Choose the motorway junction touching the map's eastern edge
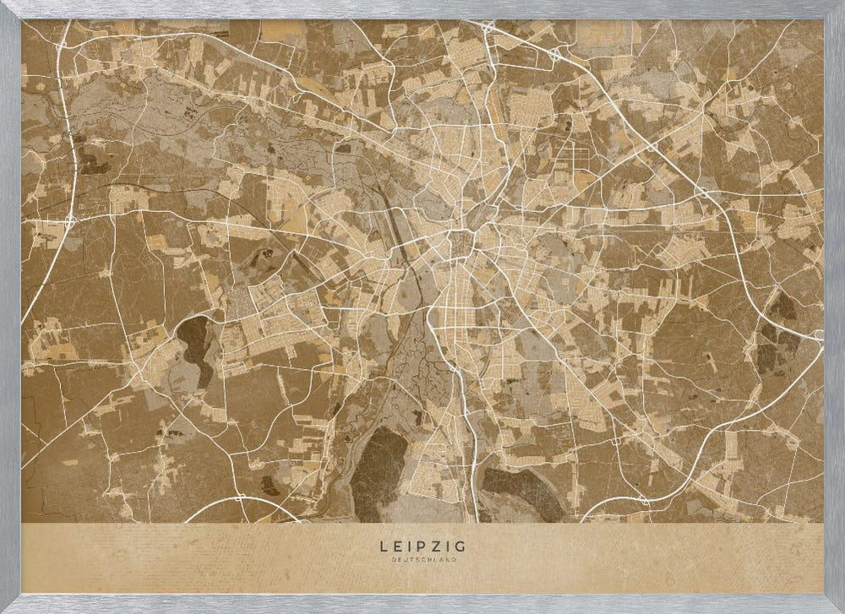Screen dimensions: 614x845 tap(818, 336)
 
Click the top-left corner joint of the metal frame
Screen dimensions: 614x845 tap(10, 10)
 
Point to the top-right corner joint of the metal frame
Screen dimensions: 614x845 tap(834, 10)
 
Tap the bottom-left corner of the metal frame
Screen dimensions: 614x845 tap(10, 603)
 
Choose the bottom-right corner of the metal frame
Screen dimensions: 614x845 tap(834, 603)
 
